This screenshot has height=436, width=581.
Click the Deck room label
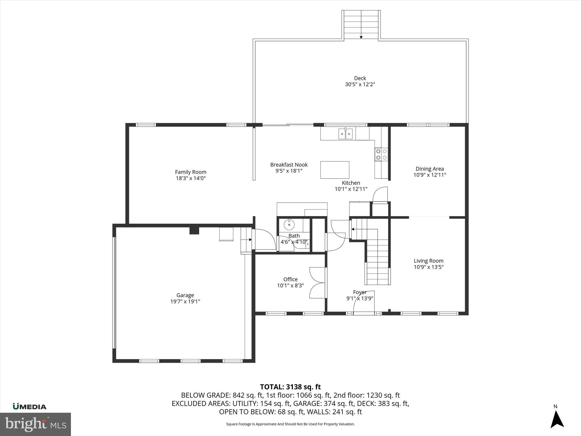coord(360,78)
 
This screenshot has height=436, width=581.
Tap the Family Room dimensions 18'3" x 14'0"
coord(191,178)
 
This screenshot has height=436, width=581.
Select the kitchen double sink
coord(345,134)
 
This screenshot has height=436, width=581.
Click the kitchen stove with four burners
coord(381,154)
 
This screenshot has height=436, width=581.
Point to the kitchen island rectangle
coord(335,170)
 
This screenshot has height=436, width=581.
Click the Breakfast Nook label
coord(289,165)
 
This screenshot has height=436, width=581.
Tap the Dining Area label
coord(430,169)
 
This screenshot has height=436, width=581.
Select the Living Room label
coord(428,261)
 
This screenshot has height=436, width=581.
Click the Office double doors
coord(317,283)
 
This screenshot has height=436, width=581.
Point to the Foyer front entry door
coord(364,303)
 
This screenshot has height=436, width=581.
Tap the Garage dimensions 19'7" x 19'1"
coord(185,301)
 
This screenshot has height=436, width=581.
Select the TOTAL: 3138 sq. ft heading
coord(290,387)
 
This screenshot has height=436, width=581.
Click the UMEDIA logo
coord(30,407)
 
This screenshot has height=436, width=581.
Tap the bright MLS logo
coord(35,424)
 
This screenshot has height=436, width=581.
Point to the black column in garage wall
coord(194,230)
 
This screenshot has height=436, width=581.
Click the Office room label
coord(290,279)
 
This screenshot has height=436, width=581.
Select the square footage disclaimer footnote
coord(290,424)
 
